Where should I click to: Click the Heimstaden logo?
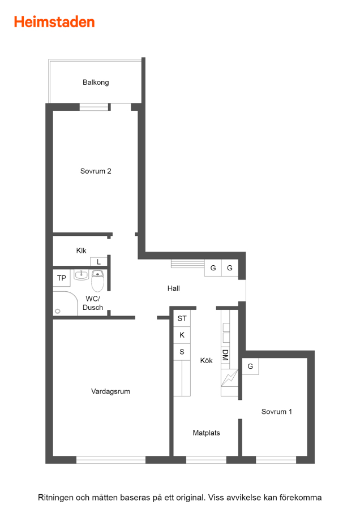(x=54, y=22)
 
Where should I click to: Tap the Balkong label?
(x=96, y=83)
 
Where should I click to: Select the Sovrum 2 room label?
(x=96, y=171)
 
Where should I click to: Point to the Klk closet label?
(x=82, y=251)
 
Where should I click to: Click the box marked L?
(x=98, y=262)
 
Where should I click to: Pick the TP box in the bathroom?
(x=62, y=278)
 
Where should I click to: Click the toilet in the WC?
(x=97, y=281)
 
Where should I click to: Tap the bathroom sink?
(x=81, y=275)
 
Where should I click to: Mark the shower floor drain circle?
(x=58, y=311)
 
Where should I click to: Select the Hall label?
(x=174, y=288)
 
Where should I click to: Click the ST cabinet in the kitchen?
(x=182, y=318)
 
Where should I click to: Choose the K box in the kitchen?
(x=182, y=335)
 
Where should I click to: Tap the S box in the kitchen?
(x=182, y=352)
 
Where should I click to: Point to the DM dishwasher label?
(x=225, y=355)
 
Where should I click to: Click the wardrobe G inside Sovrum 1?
(x=250, y=366)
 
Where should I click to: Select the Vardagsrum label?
(x=110, y=391)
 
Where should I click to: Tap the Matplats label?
(x=206, y=433)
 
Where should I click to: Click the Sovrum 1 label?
(x=277, y=412)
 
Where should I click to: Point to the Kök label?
(x=206, y=361)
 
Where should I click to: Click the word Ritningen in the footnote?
(x=55, y=498)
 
